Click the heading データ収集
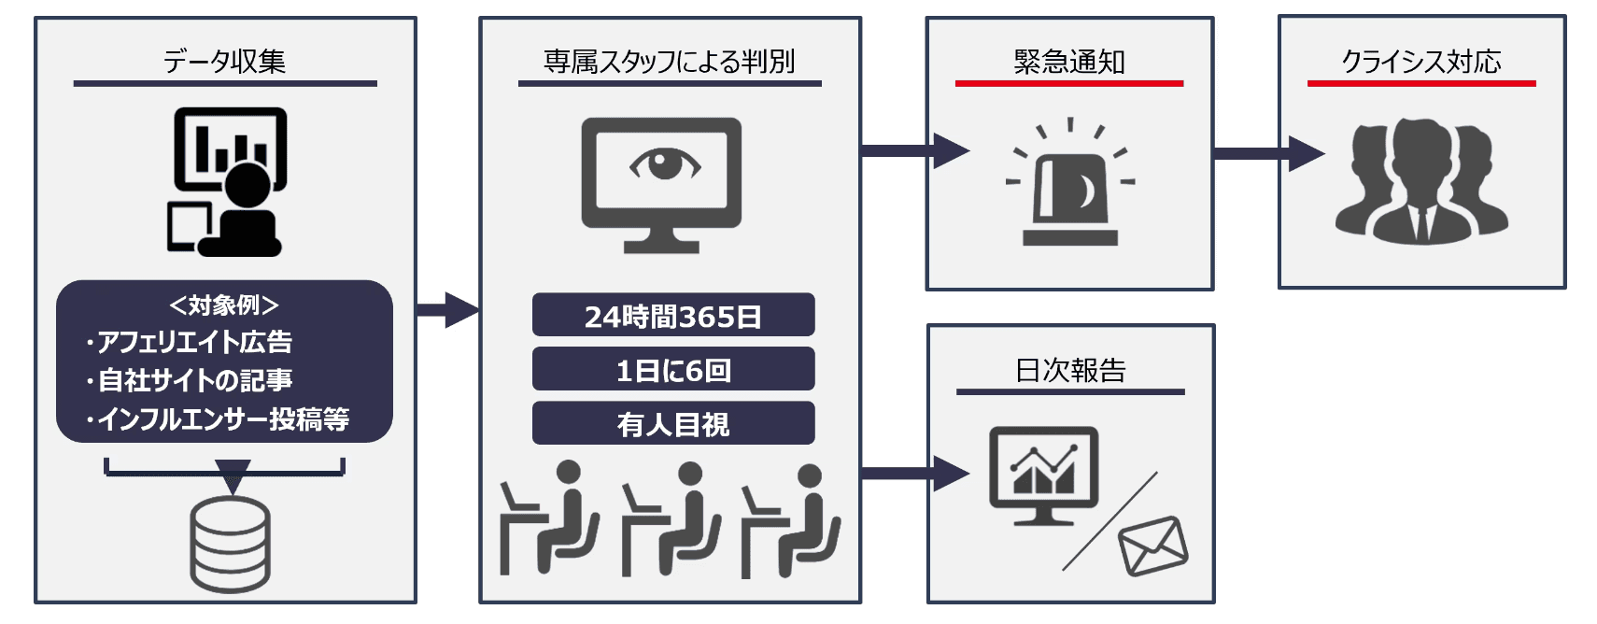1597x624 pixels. point(224,62)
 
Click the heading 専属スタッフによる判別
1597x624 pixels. point(669,62)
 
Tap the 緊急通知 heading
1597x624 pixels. point(1068,62)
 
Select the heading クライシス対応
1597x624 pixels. point(1420,62)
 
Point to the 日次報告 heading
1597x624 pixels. point(1069,371)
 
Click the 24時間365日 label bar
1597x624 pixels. point(672,316)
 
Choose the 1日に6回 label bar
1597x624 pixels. point(672,370)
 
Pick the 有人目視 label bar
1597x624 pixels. point(672,424)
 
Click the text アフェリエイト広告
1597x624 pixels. point(194,342)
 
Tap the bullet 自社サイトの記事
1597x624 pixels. point(194,380)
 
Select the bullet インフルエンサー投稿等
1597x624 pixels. point(222,419)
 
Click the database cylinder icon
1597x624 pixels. point(230,545)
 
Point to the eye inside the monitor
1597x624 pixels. point(664,164)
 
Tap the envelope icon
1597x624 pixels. point(1152,546)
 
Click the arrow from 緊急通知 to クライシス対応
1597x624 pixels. point(1267,153)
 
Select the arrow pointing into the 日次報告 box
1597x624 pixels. point(913,474)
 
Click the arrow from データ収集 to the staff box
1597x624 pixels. point(447,309)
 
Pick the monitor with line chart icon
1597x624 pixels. point(1043,475)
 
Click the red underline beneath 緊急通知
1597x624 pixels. point(1068,84)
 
